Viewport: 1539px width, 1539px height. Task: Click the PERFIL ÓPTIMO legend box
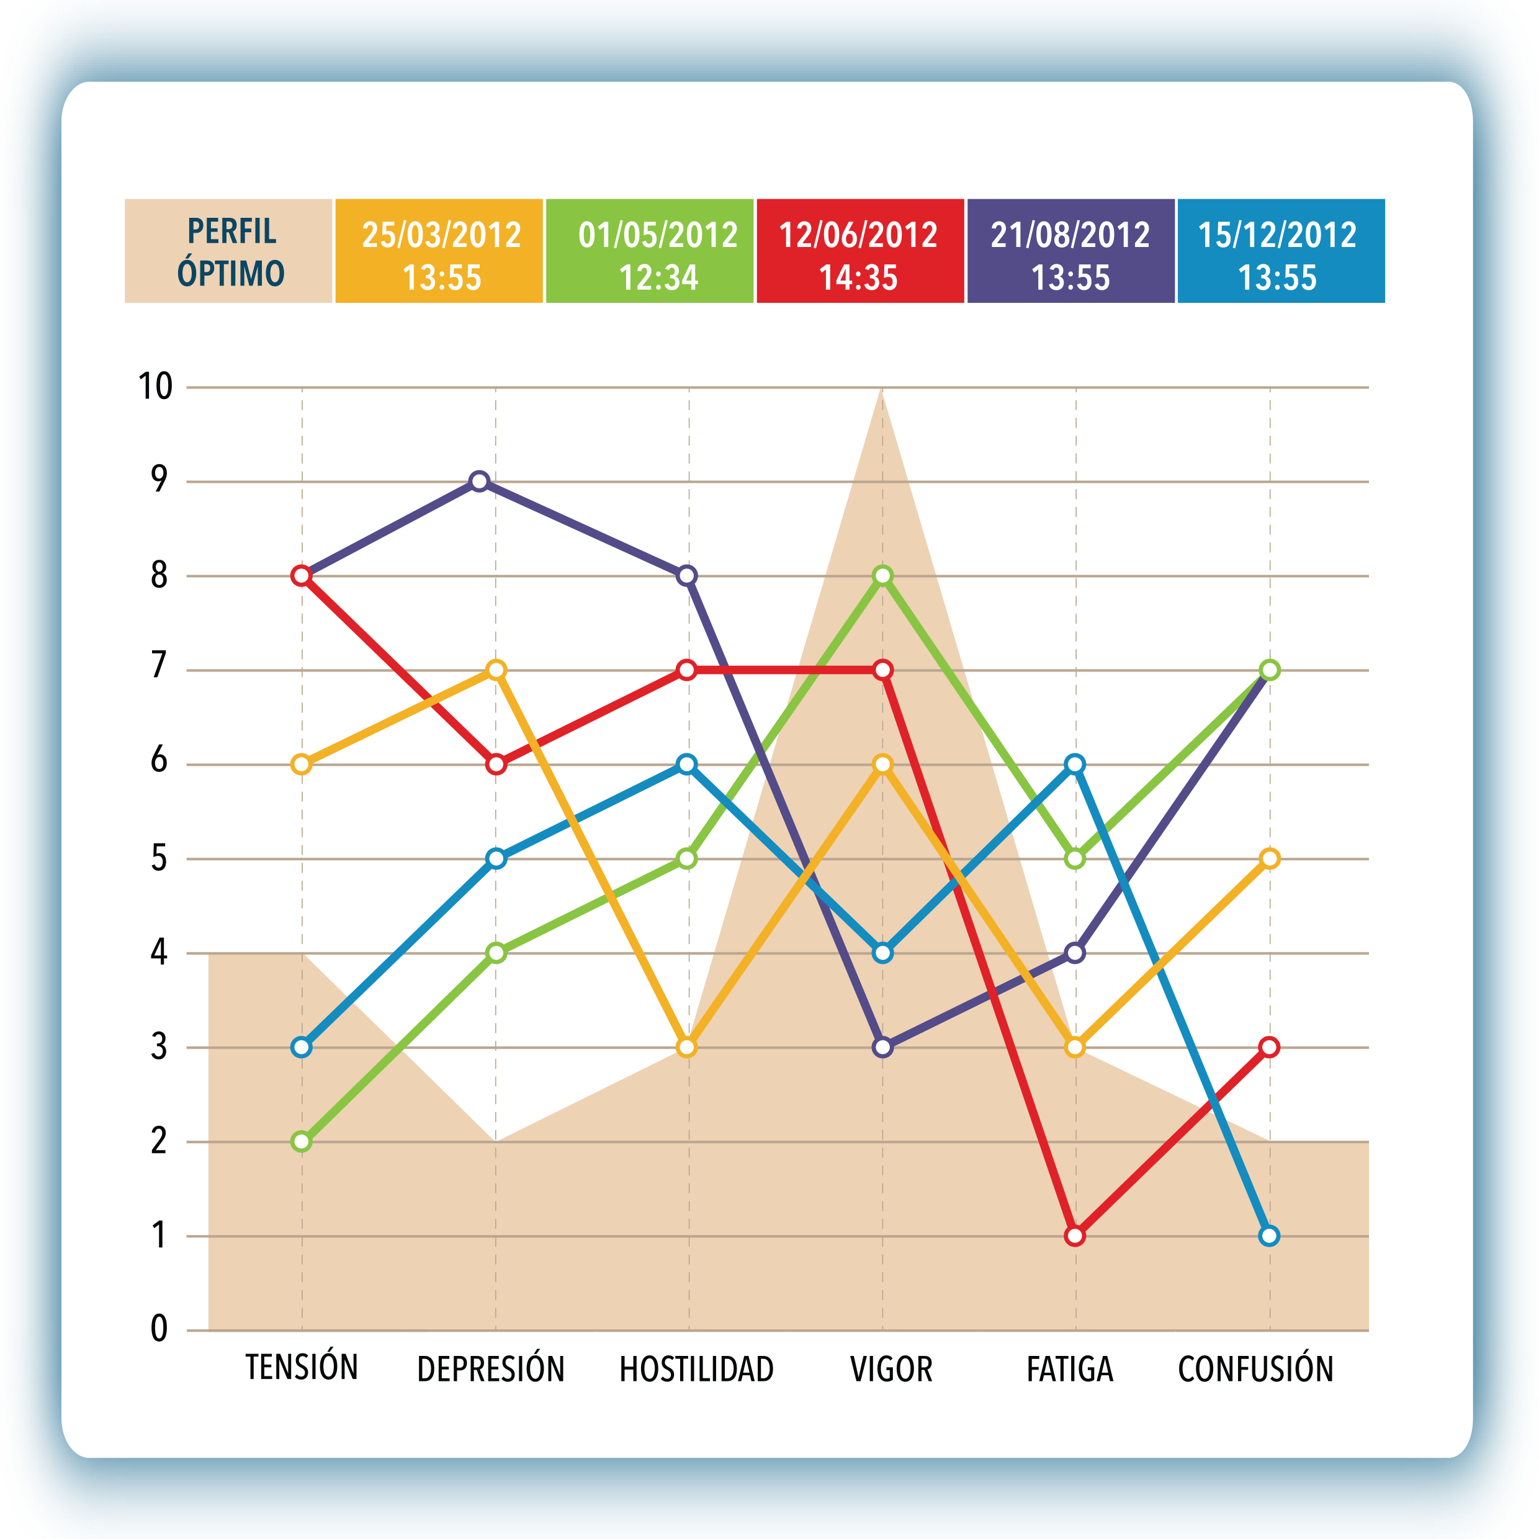(x=228, y=251)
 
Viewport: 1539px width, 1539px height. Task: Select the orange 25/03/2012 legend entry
(x=439, y=251)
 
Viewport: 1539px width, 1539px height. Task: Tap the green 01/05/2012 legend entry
(x=649, y=251)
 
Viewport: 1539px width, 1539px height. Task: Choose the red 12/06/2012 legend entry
(x=859, y=251)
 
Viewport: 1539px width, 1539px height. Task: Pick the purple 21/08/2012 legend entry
(x=1070, y=251)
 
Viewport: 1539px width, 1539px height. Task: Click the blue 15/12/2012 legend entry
(x=1280, y=251)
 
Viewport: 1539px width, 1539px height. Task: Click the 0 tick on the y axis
(x=159, y=1329)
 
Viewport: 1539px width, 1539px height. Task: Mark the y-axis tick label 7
(x=159, y=665)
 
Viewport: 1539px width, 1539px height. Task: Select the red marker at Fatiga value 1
(x=1075, y=1236)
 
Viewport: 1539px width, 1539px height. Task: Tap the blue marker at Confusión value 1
(x=1270, y=1236)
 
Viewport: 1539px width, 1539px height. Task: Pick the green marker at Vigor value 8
(x=882, y=575)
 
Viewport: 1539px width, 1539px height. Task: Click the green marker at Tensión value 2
(x=301, y=1141)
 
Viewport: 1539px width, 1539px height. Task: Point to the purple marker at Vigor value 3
(x=882, y=1047)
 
